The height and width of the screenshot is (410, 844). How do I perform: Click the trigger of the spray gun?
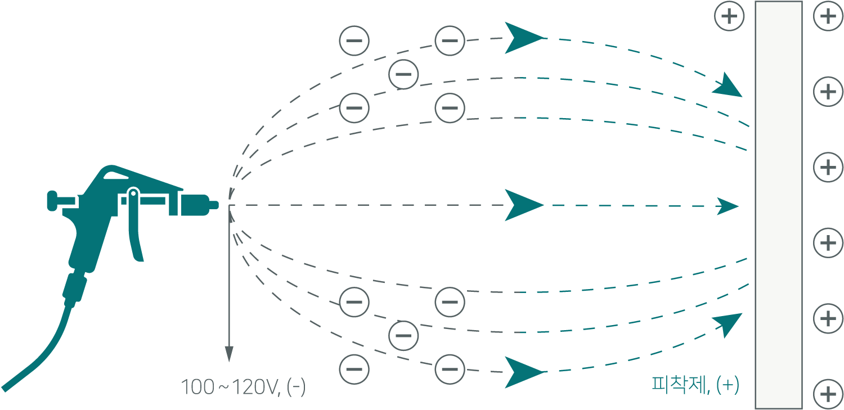(x=137, y=236)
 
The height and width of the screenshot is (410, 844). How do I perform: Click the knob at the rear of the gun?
(x=52, y=200)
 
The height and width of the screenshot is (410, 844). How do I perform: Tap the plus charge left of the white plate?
(x=729, y=16)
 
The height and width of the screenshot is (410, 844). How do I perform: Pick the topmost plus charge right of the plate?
(x=828, y=16)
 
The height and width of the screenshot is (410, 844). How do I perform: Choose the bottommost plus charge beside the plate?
(x=828, y=394)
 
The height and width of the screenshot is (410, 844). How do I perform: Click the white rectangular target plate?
(x=778, y=205)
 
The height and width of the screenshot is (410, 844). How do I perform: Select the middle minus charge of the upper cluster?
(x=404, y=74)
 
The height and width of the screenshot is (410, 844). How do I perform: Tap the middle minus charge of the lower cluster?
(x=404, y=336)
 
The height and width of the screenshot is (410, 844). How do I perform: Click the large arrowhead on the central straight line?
(x=523, y=205)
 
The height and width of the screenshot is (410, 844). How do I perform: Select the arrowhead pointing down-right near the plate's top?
(x=730, y=87)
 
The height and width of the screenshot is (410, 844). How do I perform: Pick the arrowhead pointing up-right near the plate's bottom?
(x=730, y=323)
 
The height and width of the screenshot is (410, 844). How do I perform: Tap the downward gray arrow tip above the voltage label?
(x=229, y=354)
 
